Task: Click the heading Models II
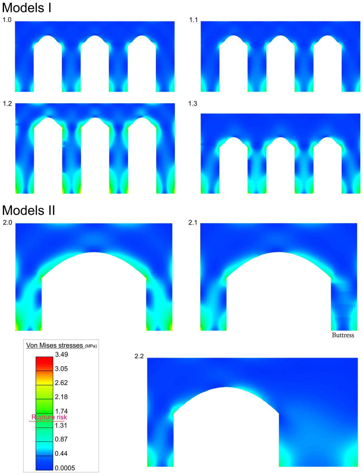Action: pos(29,210)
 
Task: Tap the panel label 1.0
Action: pos(7,20)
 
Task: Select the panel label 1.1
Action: pos(193,20)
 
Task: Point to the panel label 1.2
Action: pos(7,104)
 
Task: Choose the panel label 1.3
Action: pos(193,104)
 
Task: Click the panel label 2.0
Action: pos(7,222)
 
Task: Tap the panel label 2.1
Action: pos(193,222)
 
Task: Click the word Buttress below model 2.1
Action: pos(343,335)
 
